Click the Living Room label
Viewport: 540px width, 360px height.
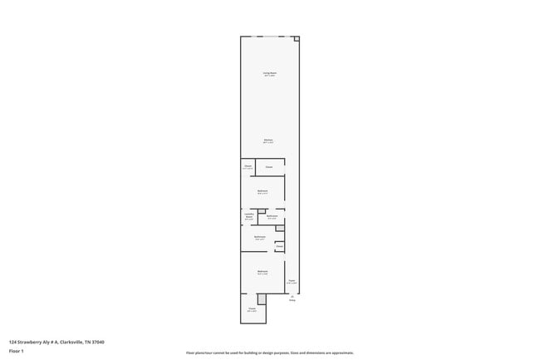coord(270,74)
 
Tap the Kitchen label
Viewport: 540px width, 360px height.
coord(268,140)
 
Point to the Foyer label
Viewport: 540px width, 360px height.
coord(292,282)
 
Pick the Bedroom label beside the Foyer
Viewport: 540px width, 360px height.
coord(263,272)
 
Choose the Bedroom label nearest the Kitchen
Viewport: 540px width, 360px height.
coord(263,192)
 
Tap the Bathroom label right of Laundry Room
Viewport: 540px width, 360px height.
coord(272,216)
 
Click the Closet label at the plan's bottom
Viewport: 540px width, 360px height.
coord(252,308)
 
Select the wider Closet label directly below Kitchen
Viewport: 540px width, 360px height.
coord(269,167)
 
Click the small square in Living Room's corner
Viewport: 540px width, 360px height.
coord(297,38)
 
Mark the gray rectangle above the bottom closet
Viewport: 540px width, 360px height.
coord(261,298)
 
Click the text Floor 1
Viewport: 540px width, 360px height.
coord(17,351)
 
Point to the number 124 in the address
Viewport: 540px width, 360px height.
coord(12,341)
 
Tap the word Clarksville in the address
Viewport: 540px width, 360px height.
coord(71,341)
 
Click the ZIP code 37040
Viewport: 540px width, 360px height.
coord(99,341)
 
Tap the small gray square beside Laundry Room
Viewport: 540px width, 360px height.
coord(261,211)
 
